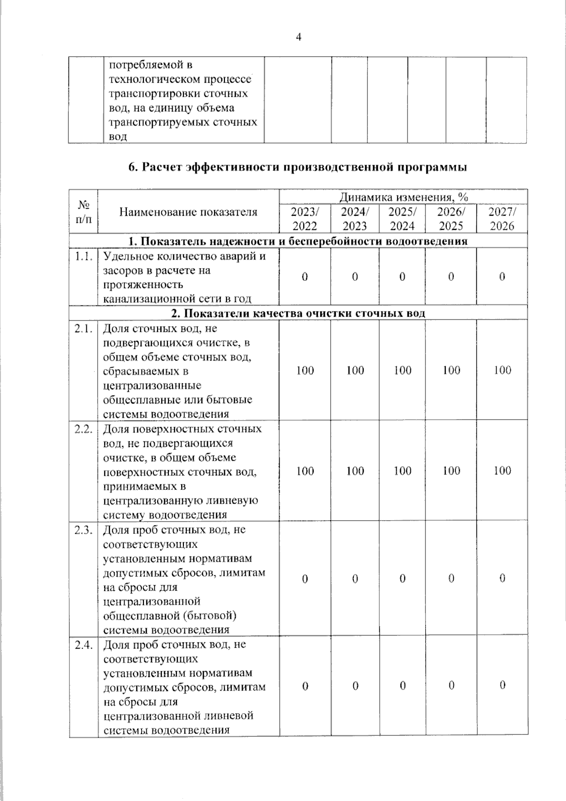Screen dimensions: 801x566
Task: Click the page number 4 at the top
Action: [298, 37]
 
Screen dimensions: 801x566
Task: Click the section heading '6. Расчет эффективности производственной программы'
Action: [298, 168]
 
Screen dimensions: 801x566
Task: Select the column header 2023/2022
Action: [305, 219]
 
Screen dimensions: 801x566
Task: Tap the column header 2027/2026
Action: [502, 219]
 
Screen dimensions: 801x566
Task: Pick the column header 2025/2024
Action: [402, 219]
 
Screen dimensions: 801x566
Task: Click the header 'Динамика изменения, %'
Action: [403, 197]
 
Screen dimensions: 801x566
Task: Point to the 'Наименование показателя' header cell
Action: [188, 212]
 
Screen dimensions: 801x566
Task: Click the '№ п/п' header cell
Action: [83, 212]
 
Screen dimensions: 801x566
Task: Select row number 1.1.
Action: [83, 256]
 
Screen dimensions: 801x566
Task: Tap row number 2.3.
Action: [83, 530]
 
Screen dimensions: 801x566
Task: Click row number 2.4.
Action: [83, 645]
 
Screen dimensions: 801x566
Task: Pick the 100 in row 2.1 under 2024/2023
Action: [355, 371]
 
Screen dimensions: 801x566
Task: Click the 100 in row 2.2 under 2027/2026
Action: [502, 471]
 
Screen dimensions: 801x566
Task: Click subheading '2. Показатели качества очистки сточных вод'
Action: [298, 313]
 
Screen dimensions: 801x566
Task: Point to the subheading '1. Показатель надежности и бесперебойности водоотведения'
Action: [298, 241]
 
